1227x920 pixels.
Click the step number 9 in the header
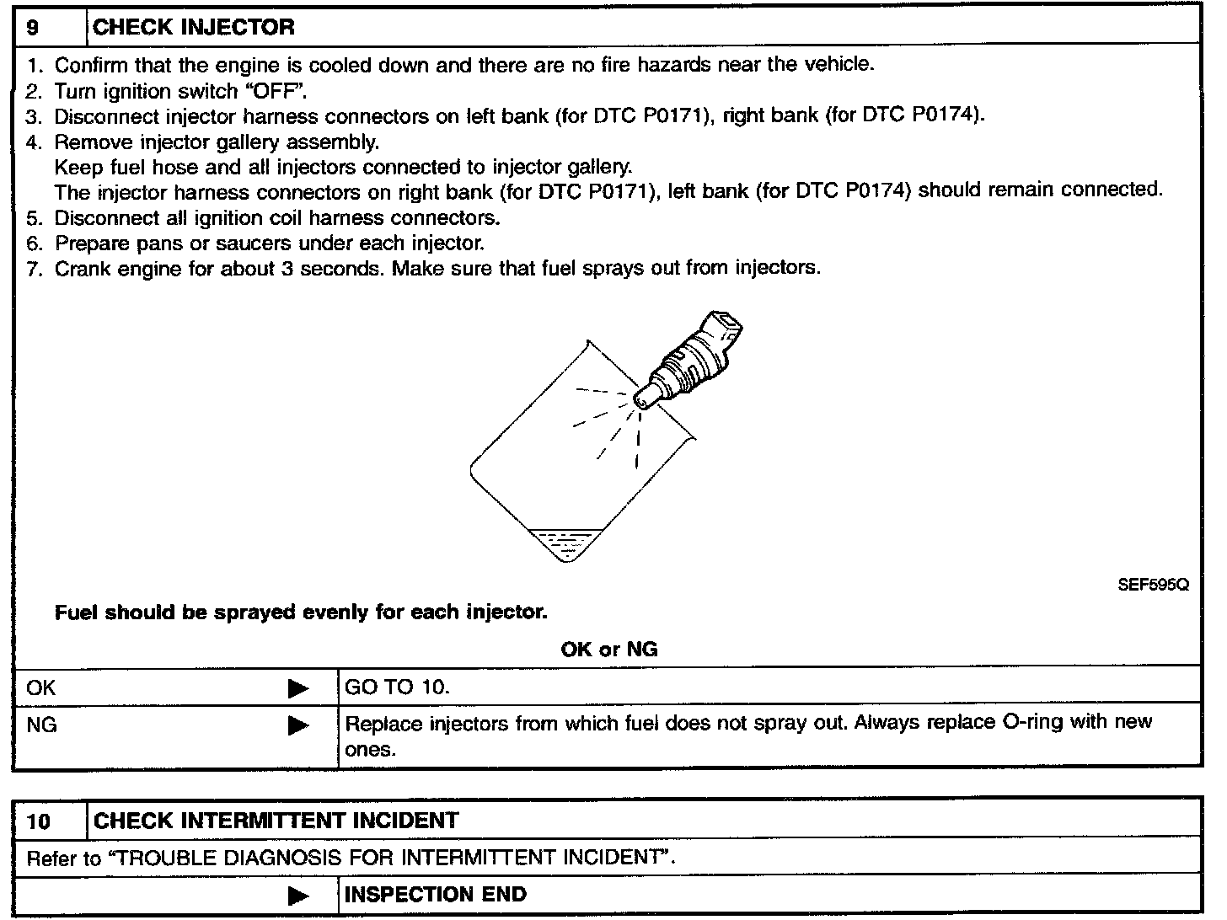(x=32, y=27)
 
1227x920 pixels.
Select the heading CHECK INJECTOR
(x=194, y=27)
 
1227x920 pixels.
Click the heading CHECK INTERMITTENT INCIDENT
(x=276, y=821)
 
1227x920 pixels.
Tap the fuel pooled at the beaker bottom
(x=560, y=543)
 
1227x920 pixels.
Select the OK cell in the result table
(x=41, y=687)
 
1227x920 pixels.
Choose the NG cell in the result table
(x=42, y=725)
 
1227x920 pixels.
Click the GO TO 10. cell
(x=398, y=687)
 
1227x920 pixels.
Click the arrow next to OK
(x=297, y=688)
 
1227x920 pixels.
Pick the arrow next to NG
(x=297, y=725)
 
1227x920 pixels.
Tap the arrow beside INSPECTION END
(x=297, y=896)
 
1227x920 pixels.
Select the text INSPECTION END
(x=436, y=895)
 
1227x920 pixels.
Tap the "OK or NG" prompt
(x=608, y=649)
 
